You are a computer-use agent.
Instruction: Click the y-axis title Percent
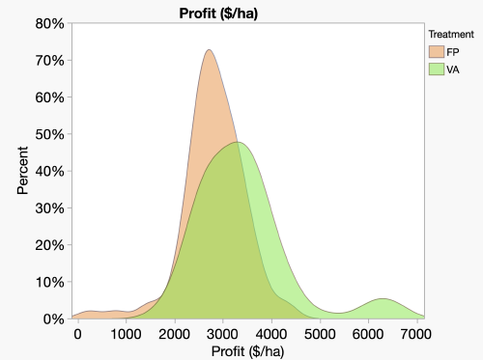[23, 170]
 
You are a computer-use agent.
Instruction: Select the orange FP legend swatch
[437, 51]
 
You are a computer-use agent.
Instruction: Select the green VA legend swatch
[437, 69]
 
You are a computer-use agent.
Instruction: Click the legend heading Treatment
[450, 34]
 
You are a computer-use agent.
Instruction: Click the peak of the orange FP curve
[210, 51]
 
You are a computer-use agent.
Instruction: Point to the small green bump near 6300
[384, 300]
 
